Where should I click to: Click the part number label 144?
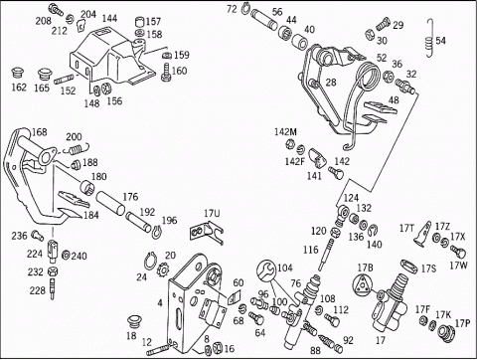click(109, 18)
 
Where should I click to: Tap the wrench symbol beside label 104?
click(266, 270)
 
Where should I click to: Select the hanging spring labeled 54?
click(429, 38)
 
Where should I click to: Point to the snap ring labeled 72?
click(244, 8)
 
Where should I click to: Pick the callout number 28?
click(331, 83)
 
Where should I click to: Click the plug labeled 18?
click(135, 322)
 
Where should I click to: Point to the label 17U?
click(212, 214)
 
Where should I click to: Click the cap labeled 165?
click(44, 75)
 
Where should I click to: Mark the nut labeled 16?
click(217, 348)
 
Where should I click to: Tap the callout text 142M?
click(285, 132)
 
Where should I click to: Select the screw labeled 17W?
click(458, 252)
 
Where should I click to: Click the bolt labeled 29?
click(383, 24)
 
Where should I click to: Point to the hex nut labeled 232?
click(53, 271)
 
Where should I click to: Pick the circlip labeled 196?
click(157, 231)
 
